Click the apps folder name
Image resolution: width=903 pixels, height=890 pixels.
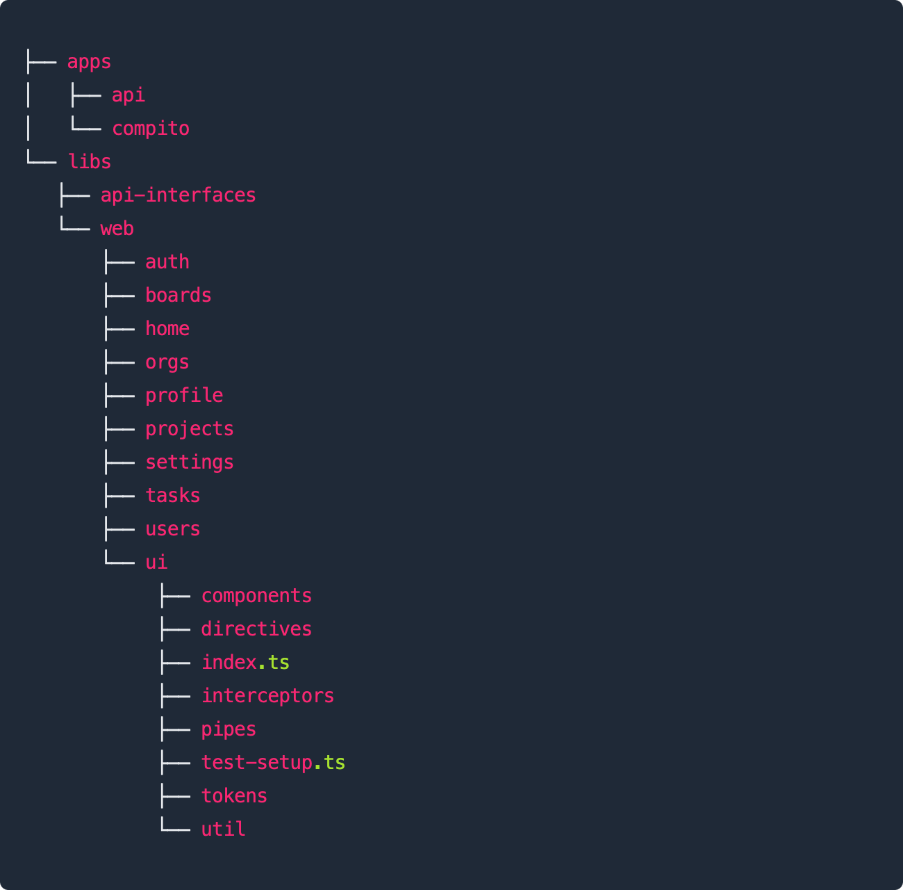(89, 62)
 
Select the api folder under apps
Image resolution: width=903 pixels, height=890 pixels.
(129, 95)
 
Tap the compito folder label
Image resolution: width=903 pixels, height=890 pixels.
(151, 129)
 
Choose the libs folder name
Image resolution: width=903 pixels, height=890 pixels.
(90, 162)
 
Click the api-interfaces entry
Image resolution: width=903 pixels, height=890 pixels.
(178, 195)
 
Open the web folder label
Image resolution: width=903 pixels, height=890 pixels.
(117, 229)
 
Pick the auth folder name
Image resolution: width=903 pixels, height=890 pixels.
(167, 262)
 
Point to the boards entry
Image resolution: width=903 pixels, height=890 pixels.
(179, 296)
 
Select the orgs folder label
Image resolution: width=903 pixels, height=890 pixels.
(167, 362)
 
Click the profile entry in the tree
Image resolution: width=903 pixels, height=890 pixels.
(184, 396)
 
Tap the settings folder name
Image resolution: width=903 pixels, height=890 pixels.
(190, 462)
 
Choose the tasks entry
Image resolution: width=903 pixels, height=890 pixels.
(173, 496)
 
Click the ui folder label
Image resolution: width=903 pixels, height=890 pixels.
(156, 563)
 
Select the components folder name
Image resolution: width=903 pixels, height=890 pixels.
(256, 596)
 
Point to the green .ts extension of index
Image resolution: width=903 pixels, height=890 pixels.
(274, 663)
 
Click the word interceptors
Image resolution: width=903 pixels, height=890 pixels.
(267, 696)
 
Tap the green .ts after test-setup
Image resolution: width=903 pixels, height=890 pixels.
(330, 763)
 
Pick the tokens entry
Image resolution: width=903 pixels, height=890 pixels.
(234, 796)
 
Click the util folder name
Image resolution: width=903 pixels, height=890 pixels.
(223, 830)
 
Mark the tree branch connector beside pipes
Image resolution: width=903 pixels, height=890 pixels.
(175, 729)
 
